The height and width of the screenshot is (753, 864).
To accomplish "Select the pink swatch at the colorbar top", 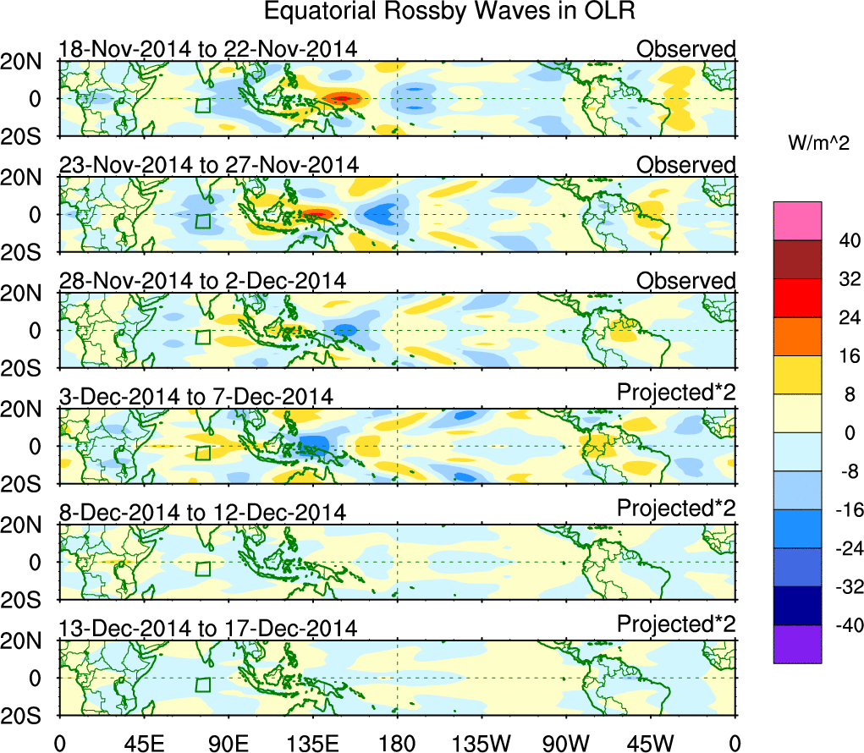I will point(796,221).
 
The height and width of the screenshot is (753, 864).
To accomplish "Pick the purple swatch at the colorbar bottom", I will point(796,644).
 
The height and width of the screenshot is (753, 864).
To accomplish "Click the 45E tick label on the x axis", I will point(142,742).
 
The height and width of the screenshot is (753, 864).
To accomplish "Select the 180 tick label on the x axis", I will point(397,742).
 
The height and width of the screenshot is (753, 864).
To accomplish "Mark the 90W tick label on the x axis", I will point(566,742).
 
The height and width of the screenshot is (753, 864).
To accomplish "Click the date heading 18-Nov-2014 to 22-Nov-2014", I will point(207,49).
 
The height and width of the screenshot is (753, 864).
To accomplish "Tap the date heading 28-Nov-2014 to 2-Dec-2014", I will point(201,281).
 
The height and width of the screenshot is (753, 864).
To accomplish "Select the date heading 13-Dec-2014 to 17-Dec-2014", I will point(207,629).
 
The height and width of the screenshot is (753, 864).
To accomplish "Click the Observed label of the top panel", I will point(685,49).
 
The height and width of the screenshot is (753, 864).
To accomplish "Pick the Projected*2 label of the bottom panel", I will point(675,624).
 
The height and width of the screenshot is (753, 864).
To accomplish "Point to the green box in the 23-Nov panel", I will point(203,221).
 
